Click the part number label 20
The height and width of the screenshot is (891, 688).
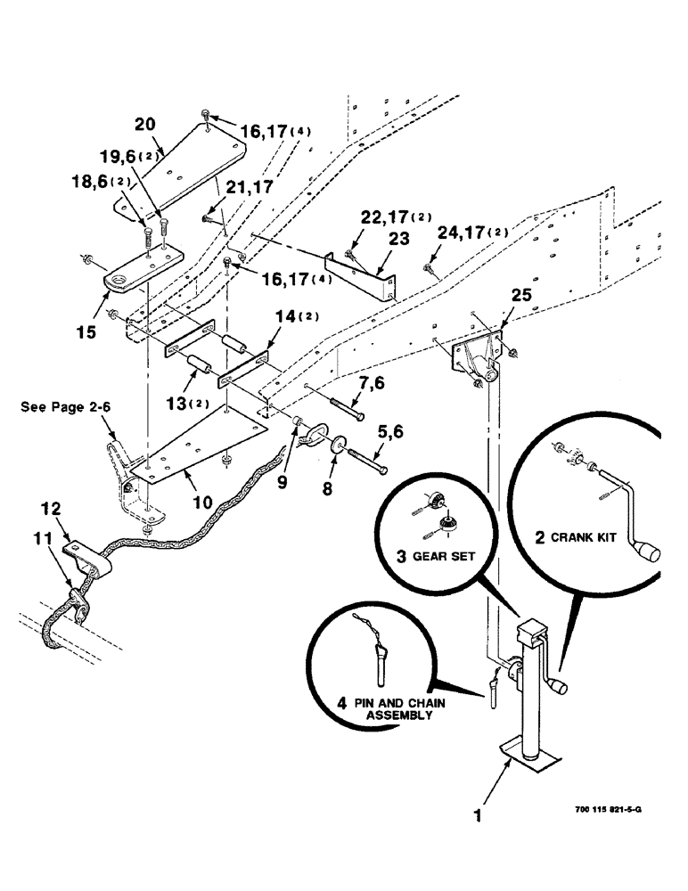pyautogui.click(x=144, y=123)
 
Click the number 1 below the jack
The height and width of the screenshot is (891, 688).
pyautogui.click(x=479, y=814)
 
